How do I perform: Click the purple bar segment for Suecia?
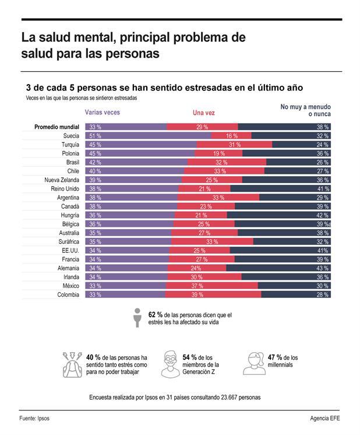click(x=149, y=135)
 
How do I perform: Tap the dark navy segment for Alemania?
click(x=280, y=268)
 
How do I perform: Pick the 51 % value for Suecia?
click(x=94, y=135)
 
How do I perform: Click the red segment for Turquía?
click(x=234, y=144)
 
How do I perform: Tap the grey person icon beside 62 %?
click(x=138, y=318)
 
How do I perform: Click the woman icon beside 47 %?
click(x=254, y=364)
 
